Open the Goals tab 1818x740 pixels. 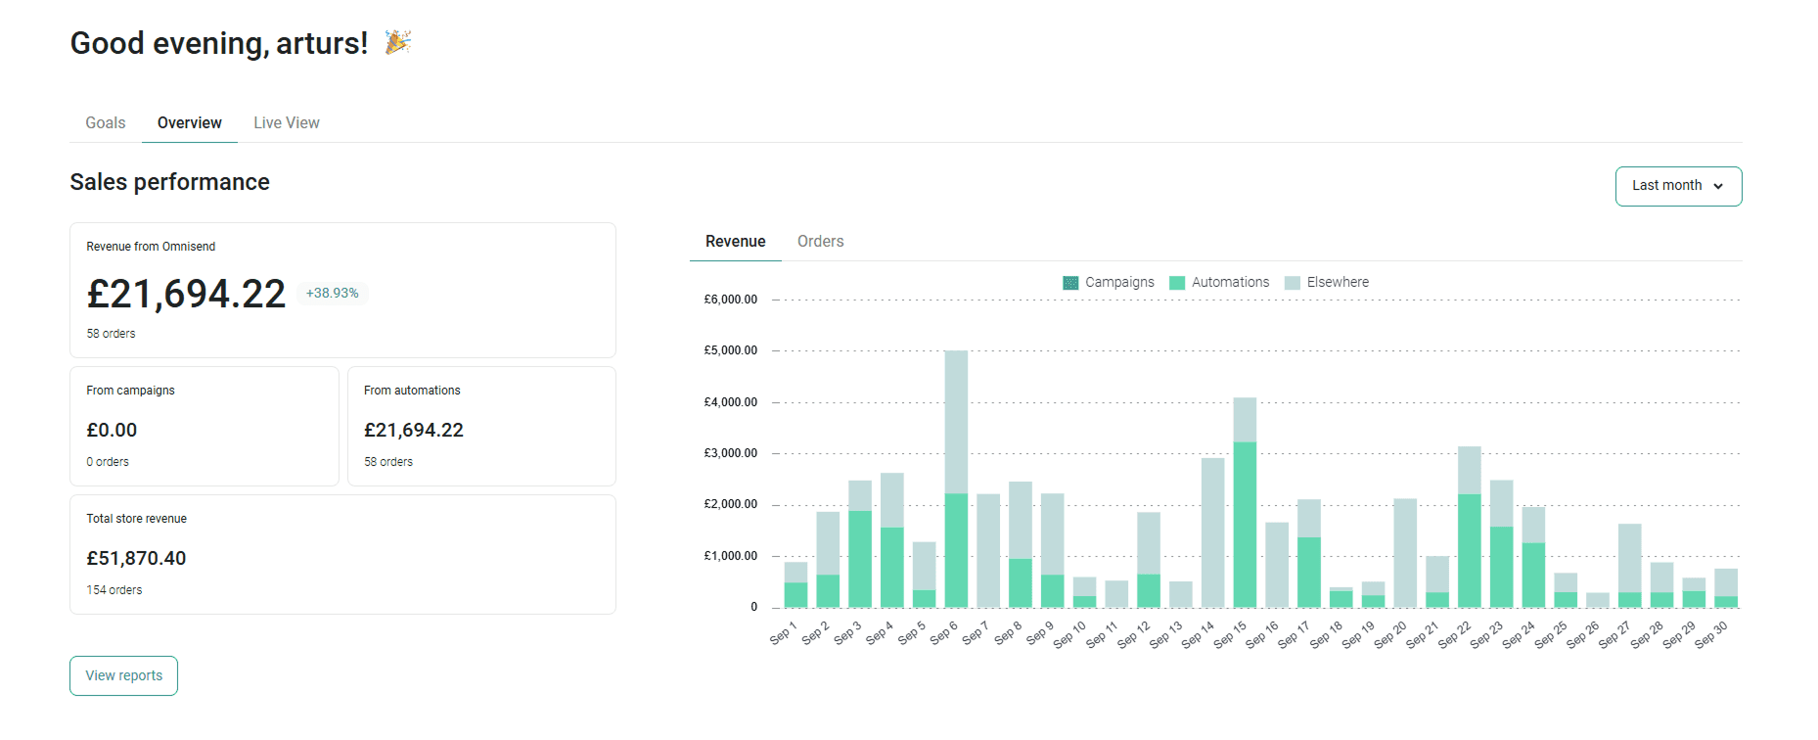[x=106, y=122]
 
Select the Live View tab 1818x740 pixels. [x=287, y=122]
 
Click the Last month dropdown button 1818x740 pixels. [x=1678, y=186]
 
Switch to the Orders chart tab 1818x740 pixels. [x=820, y=241]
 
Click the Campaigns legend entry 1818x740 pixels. [x=1109, y=282]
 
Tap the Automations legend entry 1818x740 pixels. [x=1219, y=282]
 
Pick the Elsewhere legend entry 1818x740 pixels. [x=1327, y=282]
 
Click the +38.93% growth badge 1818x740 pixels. [x=333, y=293]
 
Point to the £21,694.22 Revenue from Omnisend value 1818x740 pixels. [x=186, y=294]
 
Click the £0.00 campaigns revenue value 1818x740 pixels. [x=112, y=430]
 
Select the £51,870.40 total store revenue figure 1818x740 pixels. [x=136, y=558]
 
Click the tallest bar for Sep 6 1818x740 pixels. [x=956, y=479]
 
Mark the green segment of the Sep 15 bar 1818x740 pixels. [x=1245, y=525]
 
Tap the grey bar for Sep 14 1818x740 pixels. [x=1213, y=532]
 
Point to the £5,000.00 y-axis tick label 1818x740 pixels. [x=731, y=350]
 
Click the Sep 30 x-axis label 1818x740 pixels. [x=1711, y=634]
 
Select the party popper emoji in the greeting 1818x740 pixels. [x=397, y=42]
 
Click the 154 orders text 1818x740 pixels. [x=114, y=590]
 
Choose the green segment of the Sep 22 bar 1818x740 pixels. [x=1469, y=551]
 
